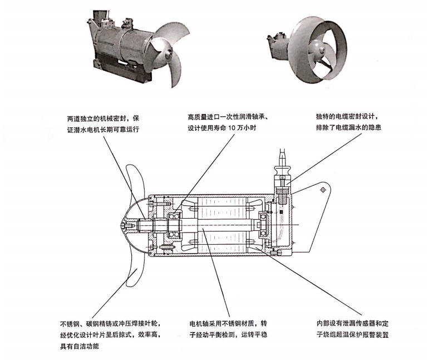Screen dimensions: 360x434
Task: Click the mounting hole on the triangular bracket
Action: pos(322,190)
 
